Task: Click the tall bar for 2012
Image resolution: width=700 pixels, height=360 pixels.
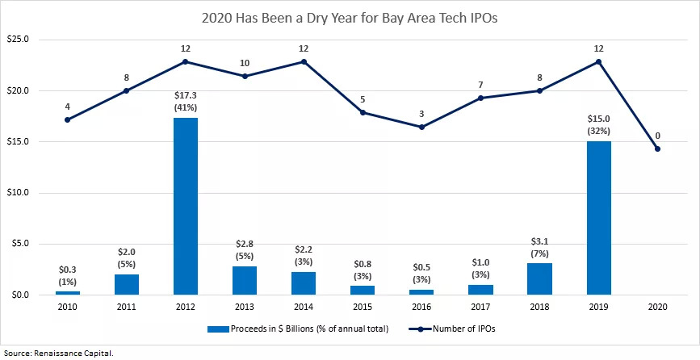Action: coord(185,206)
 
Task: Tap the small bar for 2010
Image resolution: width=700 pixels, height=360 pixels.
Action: coord(67,292)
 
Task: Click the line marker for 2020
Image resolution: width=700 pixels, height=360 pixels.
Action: coord(657,149)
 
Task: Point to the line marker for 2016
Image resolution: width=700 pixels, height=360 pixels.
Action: coord(421,127)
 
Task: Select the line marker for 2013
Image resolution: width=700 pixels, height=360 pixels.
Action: coord(245,76)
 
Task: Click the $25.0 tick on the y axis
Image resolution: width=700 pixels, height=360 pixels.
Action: coord(18,40)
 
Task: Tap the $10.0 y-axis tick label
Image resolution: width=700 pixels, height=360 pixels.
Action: coord(18,193)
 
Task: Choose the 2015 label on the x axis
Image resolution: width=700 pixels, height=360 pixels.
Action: coord(363,305)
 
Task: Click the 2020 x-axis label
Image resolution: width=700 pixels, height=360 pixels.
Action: coord(657,305)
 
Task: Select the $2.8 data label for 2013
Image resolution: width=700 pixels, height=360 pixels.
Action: coord(245,243)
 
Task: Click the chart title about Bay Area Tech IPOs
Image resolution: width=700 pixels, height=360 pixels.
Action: coord(350,15)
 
